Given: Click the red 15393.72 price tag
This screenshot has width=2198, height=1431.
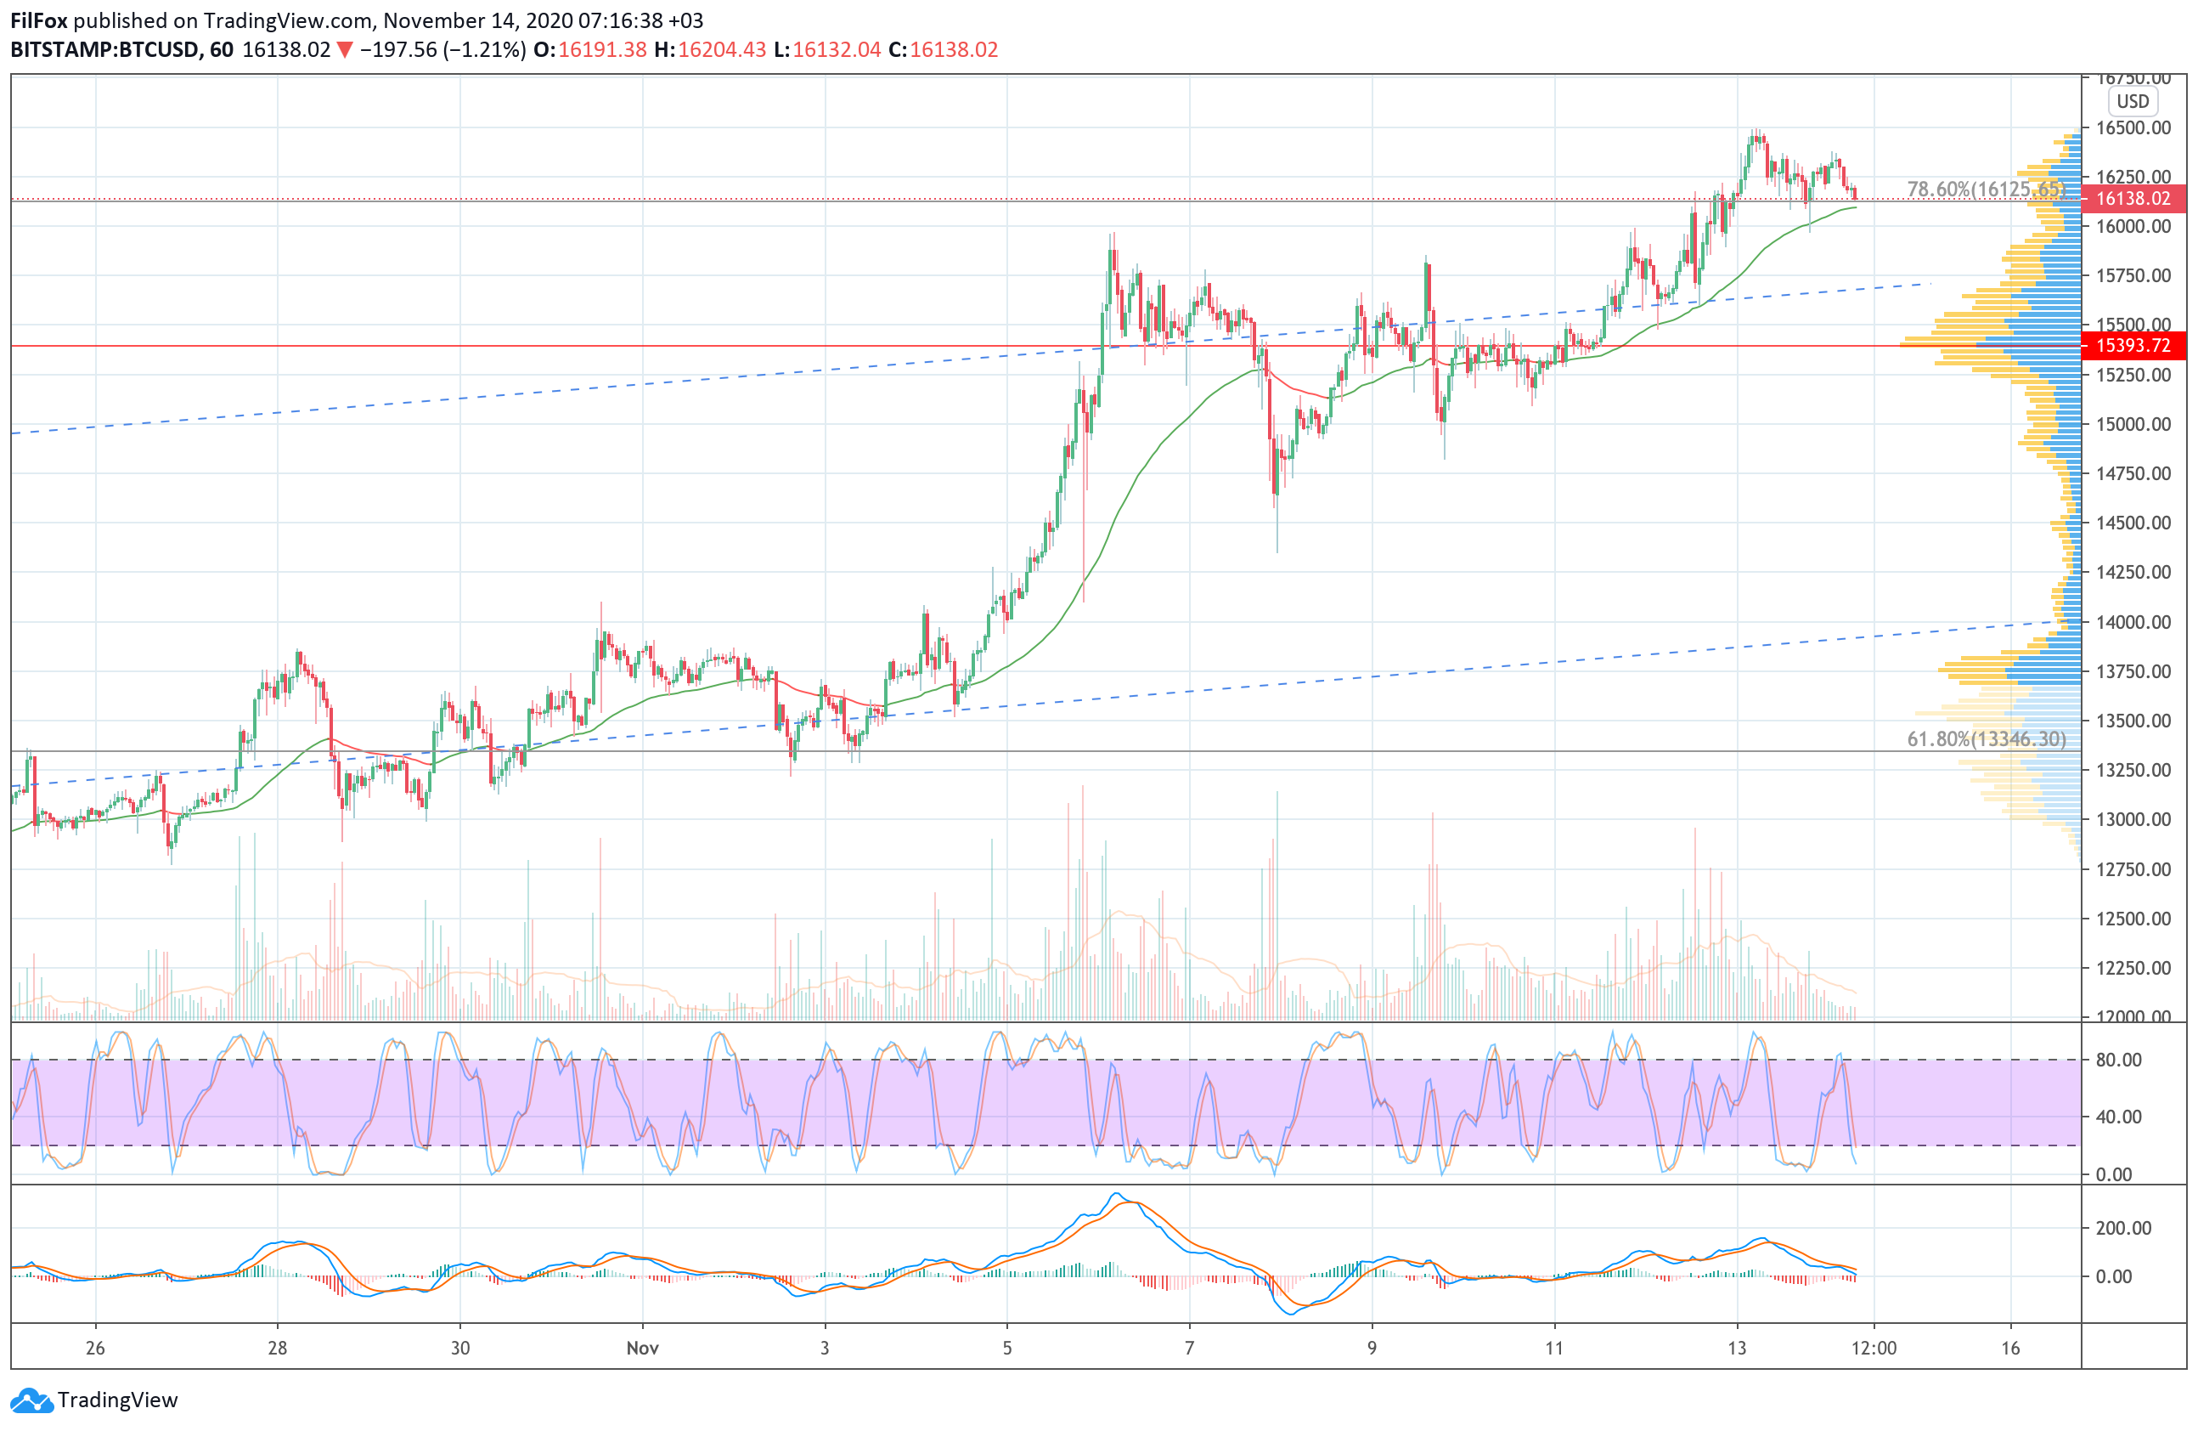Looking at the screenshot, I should (2133, 346).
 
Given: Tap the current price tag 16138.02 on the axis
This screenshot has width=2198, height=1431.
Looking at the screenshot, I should (2133, 199).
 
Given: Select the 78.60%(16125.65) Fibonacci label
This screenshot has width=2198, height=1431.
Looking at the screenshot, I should (1986, 189).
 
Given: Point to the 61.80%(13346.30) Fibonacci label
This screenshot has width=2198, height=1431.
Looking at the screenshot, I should (1987, 739).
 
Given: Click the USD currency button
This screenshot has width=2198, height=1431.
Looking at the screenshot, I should (2133, 102).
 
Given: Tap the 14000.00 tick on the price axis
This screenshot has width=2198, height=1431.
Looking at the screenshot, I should (2133, 622).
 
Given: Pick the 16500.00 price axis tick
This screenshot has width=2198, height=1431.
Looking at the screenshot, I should (2133, 127).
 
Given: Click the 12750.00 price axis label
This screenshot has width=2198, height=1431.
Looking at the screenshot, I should (2133, 869).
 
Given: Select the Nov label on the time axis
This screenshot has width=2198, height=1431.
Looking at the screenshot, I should (642, 1348).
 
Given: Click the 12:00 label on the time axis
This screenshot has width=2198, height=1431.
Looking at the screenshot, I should (1874, 1348).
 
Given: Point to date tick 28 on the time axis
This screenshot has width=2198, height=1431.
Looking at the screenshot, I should (277, 1348).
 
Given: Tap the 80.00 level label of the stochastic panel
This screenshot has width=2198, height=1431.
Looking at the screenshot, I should (2118, 1060).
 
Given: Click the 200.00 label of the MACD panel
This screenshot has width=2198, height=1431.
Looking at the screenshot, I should (2123, 1228).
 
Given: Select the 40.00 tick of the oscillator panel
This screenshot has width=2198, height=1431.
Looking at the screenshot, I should (2118, 1117).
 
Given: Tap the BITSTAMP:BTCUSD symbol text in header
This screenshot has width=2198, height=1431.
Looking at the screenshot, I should (104, 50).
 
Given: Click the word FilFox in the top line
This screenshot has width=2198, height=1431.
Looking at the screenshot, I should (38, 20).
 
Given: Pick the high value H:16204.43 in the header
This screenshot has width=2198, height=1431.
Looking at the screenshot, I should (709, 50).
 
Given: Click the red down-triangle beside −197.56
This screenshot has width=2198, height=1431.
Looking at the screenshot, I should (345, 50).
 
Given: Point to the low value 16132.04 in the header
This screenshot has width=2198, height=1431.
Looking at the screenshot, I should (836, 50).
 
